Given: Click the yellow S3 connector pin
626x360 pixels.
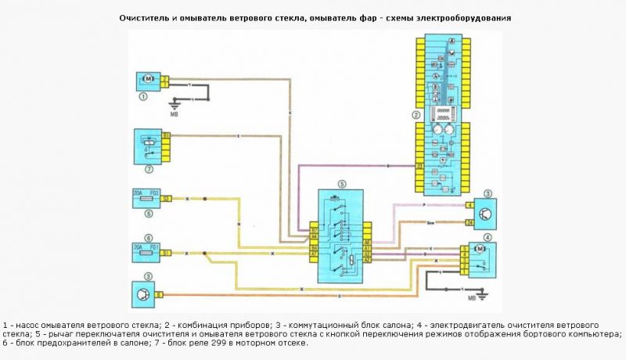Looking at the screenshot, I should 166,200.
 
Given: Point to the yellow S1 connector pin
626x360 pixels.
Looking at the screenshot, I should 166,253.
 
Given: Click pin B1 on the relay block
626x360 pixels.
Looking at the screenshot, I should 166,136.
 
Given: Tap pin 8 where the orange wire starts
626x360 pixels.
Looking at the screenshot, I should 159,294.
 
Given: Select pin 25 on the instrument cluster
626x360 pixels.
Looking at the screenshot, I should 419,166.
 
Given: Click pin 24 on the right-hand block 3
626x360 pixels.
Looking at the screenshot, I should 469,222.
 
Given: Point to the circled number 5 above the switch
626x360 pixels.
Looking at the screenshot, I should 341,185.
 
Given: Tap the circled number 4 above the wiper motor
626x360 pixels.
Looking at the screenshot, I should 487,236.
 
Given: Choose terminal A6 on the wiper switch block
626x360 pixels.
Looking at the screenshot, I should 367,243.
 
